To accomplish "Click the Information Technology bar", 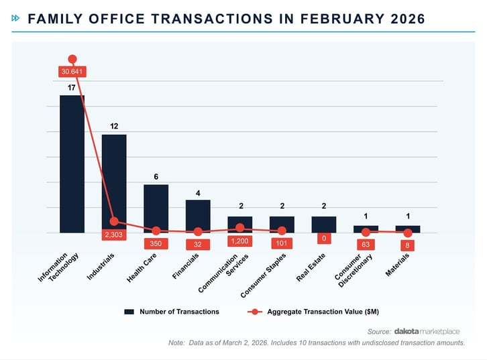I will pos(72,164).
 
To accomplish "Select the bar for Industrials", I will pos(114,184).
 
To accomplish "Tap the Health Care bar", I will pos(156,208).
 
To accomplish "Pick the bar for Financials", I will pos(198,216).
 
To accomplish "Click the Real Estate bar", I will pos(324,225).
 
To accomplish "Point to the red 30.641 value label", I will pos(72,71).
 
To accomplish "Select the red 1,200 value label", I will pos(240,241).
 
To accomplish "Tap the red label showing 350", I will pos(156,244).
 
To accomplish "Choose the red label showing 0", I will pos(324,239).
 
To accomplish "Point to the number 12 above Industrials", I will pos(114,126).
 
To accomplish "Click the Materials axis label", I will pos(398,265).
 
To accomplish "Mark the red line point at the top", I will pos(72,59).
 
